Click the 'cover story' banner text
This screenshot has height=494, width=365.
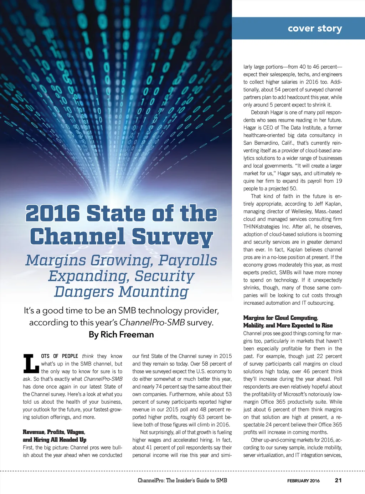click(315, 28)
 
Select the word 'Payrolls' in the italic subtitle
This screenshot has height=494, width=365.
click(187, 260)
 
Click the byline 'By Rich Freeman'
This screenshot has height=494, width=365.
click(121, 335)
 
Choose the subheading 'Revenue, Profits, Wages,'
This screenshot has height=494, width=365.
click(54, 432)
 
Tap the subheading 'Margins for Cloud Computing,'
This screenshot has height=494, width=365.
click(281, 318)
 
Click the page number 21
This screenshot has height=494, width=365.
click(338, 480)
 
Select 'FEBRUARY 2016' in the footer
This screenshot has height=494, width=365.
click(303, 481)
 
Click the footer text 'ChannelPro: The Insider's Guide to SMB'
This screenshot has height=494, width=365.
click(182, 480)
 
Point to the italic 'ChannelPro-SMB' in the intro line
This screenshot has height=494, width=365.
click(152, 323)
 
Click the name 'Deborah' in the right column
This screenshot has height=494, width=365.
click(262, 113)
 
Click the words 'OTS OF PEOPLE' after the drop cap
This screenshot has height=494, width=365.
click(60, 356)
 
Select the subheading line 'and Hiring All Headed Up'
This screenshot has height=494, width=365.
click(55, 440)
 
